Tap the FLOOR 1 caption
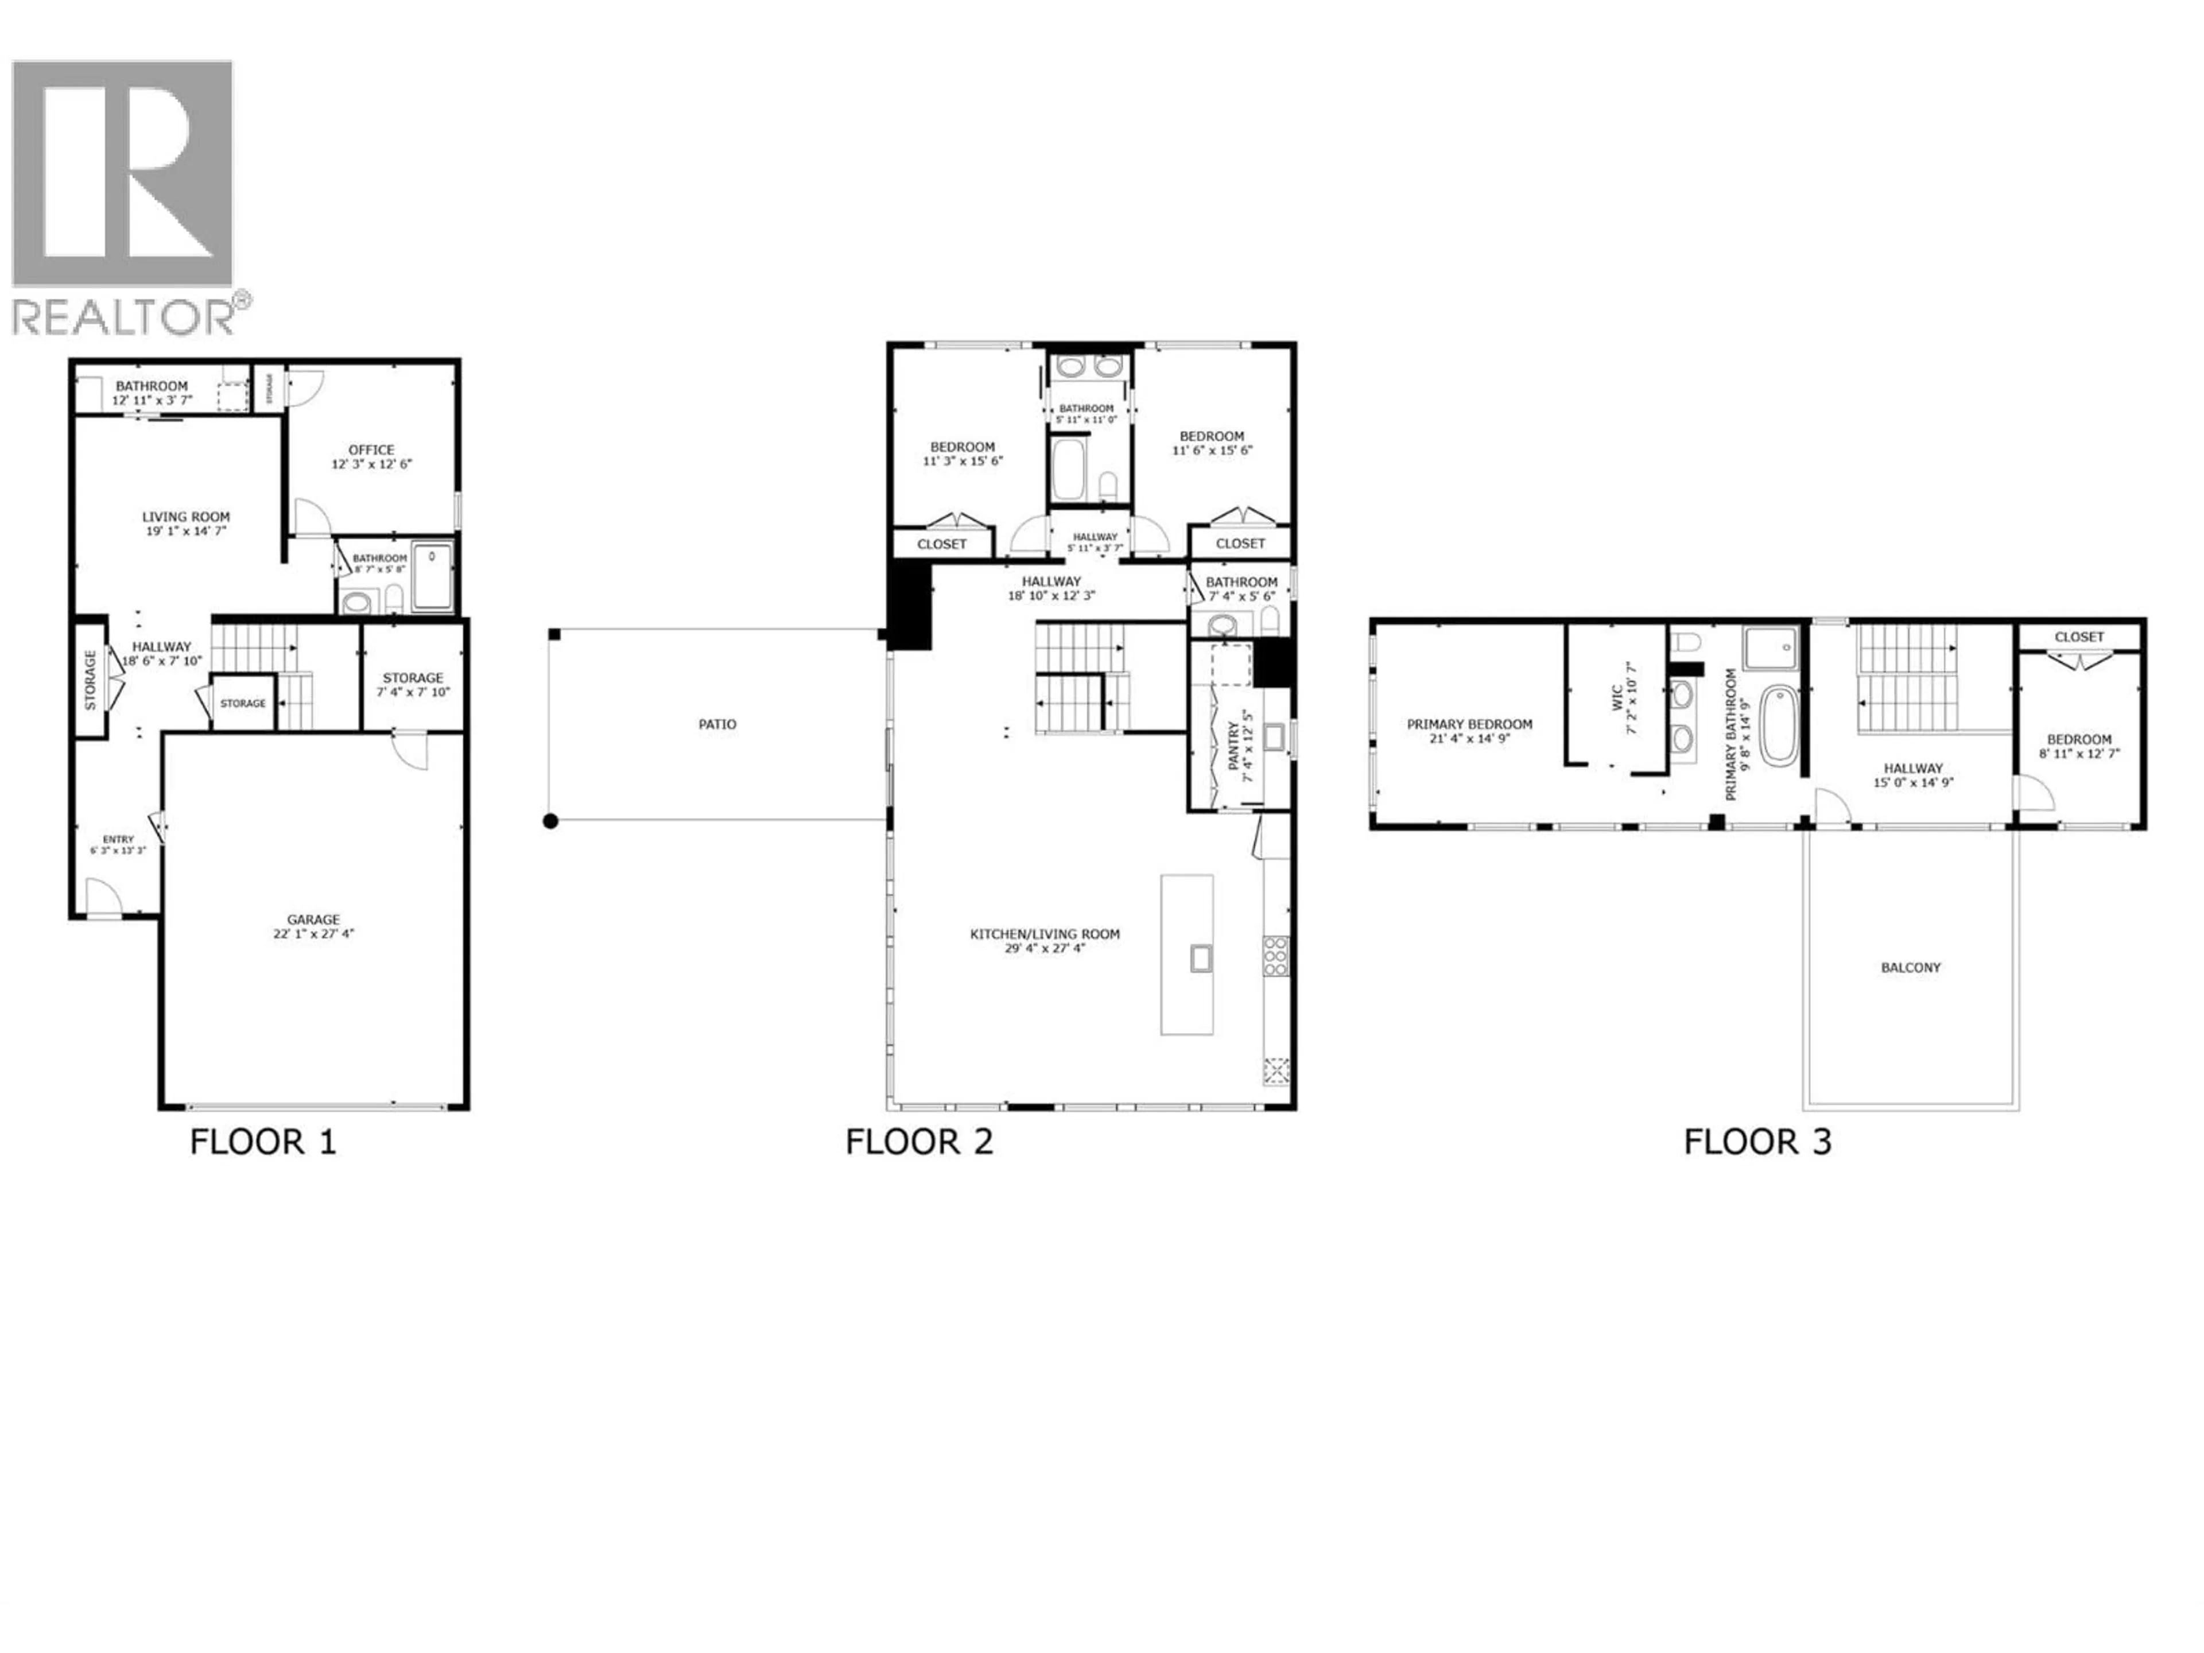tap(263, 1142)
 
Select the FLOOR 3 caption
tap(1757, 1142)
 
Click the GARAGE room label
tap(314, 919)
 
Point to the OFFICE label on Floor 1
tap(372, 449)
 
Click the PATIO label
tap(717, 724)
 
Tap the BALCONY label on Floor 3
tap(1910, 968)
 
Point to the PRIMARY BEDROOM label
tap(1470, 724)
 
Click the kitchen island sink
tap(1201, 959)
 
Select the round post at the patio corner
tap(550, 821)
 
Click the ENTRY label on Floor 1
tap(118, 840)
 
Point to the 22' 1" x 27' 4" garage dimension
tap(314, 934)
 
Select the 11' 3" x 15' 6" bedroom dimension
tap(963, 461)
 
